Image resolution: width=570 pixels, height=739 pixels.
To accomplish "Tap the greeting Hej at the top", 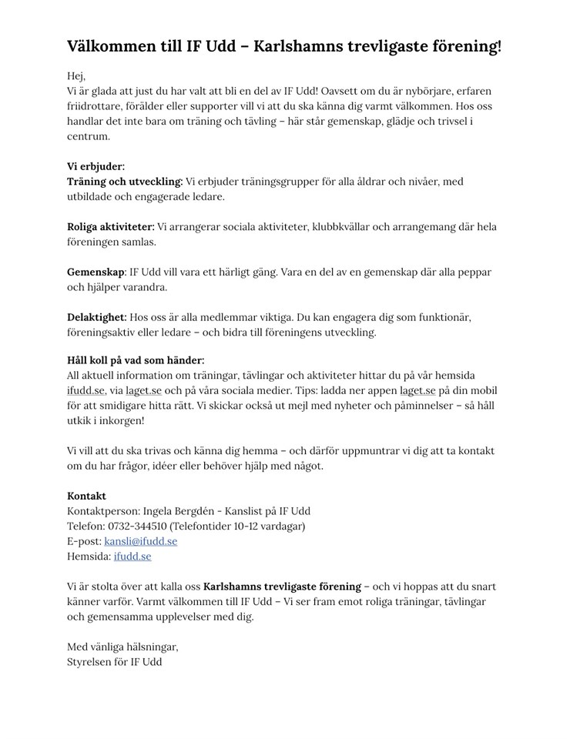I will pyautogui.click(x=76, y=76).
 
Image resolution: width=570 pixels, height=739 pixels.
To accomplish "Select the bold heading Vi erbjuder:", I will pyautogui.click(x=96, y=166).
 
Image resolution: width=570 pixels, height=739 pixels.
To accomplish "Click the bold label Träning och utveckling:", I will pyautogui.click(x=125, y=181).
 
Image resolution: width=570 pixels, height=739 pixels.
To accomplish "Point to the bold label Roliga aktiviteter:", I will pyautogui.click(x=111, y=226).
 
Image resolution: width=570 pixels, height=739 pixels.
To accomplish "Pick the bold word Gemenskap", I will pyautogui.click(x=96, y=272).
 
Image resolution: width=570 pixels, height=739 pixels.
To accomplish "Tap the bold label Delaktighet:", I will pyautogui.click(x=96, y=317).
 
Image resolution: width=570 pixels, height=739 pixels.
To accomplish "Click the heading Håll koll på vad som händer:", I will pyautogui.click(x=136, y=360).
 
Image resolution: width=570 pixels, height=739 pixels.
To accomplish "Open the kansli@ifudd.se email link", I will pyautogui.click(x=140, y=541).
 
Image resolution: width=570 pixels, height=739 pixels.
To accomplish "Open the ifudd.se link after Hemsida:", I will pyautogui.click(x=132, y=556).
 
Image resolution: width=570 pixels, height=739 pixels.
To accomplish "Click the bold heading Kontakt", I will pyautogui.click(x=86, y=496).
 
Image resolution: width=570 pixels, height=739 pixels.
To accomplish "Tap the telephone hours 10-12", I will pyautogui.click(x=253, y=526).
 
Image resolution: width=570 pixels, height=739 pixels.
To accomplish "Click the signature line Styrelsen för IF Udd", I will pyautogui.click(x=114, y=661).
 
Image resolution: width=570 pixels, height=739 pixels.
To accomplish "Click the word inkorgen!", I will pyautogui.click(x=120, y=421).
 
